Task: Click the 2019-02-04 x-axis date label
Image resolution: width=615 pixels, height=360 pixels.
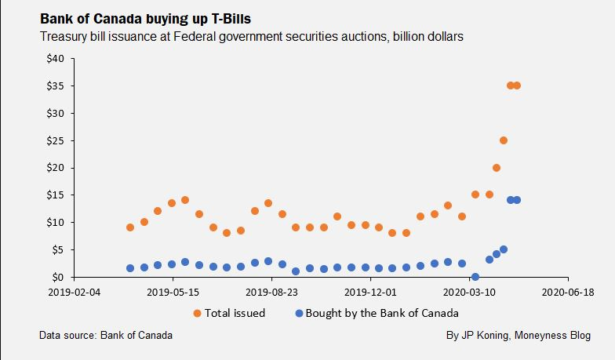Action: coord(74,290)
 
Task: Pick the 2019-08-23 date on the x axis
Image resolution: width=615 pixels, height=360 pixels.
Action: coord(271,290)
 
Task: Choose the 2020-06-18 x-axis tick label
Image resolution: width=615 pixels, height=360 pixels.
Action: coord(567,290)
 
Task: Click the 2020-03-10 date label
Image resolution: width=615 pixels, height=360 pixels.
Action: coord(468,290)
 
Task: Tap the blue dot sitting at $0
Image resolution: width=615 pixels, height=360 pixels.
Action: coord(475,276)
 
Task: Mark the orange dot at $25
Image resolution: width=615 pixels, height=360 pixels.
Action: coord(504,140)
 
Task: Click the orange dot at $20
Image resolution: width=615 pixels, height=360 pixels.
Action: coord(497,168)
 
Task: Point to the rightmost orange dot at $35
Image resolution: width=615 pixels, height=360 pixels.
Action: coord(517,85)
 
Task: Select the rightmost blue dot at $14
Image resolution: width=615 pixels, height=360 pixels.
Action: coord(517,200)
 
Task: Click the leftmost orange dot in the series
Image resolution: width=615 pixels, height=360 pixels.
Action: coord(130,227)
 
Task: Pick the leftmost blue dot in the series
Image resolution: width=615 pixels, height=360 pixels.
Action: coord(130,268)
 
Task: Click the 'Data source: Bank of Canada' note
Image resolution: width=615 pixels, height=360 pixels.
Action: coord(106,336)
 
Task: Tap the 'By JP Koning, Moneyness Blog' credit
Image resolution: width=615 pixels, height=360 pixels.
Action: coord(519,336)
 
